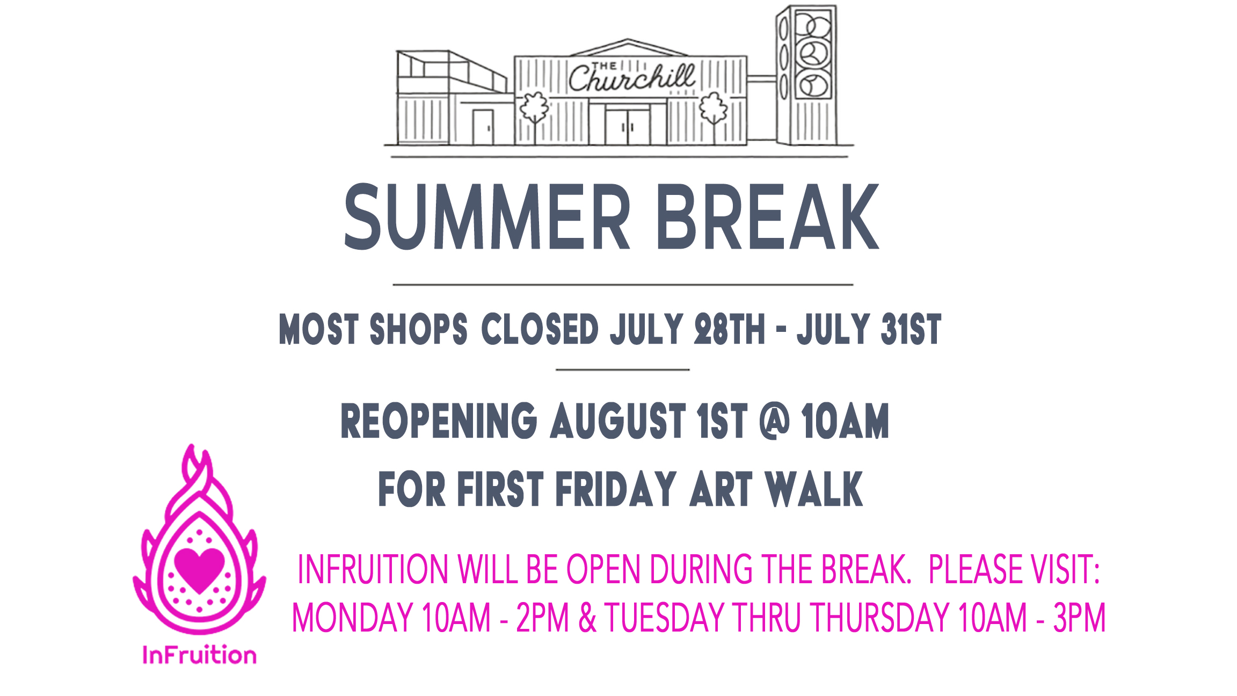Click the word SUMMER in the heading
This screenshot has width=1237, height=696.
click(x=487, y=216)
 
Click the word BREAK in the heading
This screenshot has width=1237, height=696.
click(x=768, y=216)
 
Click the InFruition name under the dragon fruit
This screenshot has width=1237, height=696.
click(x=199, y=655)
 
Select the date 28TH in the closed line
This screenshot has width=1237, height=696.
click(x=729, y=329)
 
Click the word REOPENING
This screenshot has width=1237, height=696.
click(x=439, y=421)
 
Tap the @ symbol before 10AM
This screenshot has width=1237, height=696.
click(x=775, y=421)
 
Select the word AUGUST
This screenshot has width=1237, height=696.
click(x=618, y=421)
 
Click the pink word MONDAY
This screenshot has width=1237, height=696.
click(x=352, y=618)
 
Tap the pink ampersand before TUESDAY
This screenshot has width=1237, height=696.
click(x=587, y=618)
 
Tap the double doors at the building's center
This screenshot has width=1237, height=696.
click(x=628, y=126)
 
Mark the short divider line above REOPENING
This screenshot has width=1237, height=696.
click(x=623, y=370)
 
